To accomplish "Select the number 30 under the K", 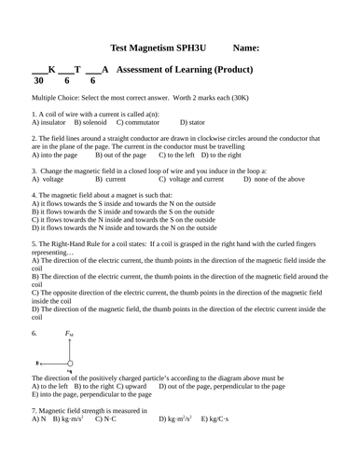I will [38, 81].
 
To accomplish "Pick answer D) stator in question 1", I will [195, 122].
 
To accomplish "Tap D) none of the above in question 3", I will [273, 179].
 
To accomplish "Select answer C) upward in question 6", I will [135, 385].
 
